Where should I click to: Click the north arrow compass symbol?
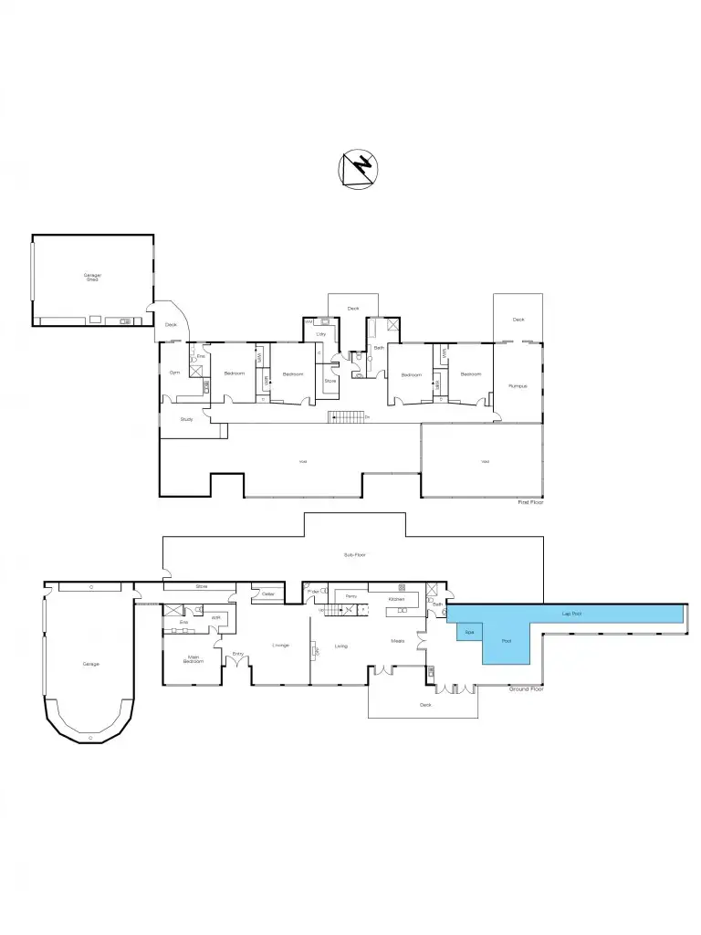click(358, 169)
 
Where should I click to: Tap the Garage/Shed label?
click(92, 277)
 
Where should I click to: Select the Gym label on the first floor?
click(173, 373)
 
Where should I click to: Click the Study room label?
click(186, 419)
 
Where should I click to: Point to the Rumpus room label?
click(518, 385)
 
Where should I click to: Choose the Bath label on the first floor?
click(379, 347)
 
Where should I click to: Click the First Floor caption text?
click(529, 501)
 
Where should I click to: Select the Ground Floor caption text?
click(526, 688)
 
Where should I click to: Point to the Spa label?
click(469, 632)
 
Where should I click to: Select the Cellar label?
click(268, 594)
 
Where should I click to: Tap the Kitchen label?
click(396, 599)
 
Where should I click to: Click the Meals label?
click(398, 640)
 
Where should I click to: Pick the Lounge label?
click(280, 646)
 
